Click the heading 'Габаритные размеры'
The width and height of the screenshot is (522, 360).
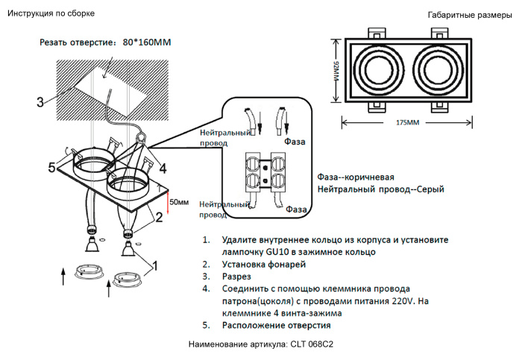click(x=468, y=15)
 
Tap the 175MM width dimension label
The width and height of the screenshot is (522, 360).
click(x=406, y=121)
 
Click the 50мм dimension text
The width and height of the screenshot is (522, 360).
click(x=179, y=202)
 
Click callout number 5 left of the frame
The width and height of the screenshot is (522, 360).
click(x=52, y=167)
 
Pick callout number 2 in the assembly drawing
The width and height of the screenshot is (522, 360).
click(x=159, y=218)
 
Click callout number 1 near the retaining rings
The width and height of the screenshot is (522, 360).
click(x=155, y=265)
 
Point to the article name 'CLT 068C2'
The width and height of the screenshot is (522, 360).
click(x=306, y=344)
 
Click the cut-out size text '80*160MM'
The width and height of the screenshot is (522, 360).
click(x=146, y=42)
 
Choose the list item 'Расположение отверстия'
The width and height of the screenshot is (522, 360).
click(x=276, y=325)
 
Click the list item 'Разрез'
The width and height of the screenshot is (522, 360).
click(x=237, y=277)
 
